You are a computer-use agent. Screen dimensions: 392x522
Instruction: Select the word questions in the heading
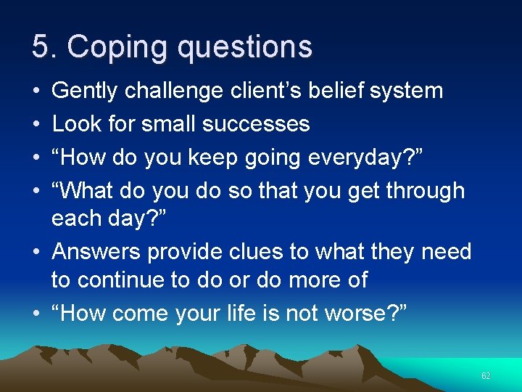coord(244,48)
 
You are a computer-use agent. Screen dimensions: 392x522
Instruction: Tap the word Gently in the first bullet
coord(86,91)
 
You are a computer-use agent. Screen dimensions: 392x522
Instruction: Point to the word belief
coord(338,91)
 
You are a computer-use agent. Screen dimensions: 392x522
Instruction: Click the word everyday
coord(349,158)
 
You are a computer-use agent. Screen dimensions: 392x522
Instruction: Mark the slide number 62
coord(486,376)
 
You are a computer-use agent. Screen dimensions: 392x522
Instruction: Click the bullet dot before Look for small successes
coord(36,125)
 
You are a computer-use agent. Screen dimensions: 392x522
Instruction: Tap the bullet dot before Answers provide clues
coord(36,253)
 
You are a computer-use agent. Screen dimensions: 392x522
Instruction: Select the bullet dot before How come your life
coord(36,313)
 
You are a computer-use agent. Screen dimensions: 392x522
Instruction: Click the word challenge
coord(177,91)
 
